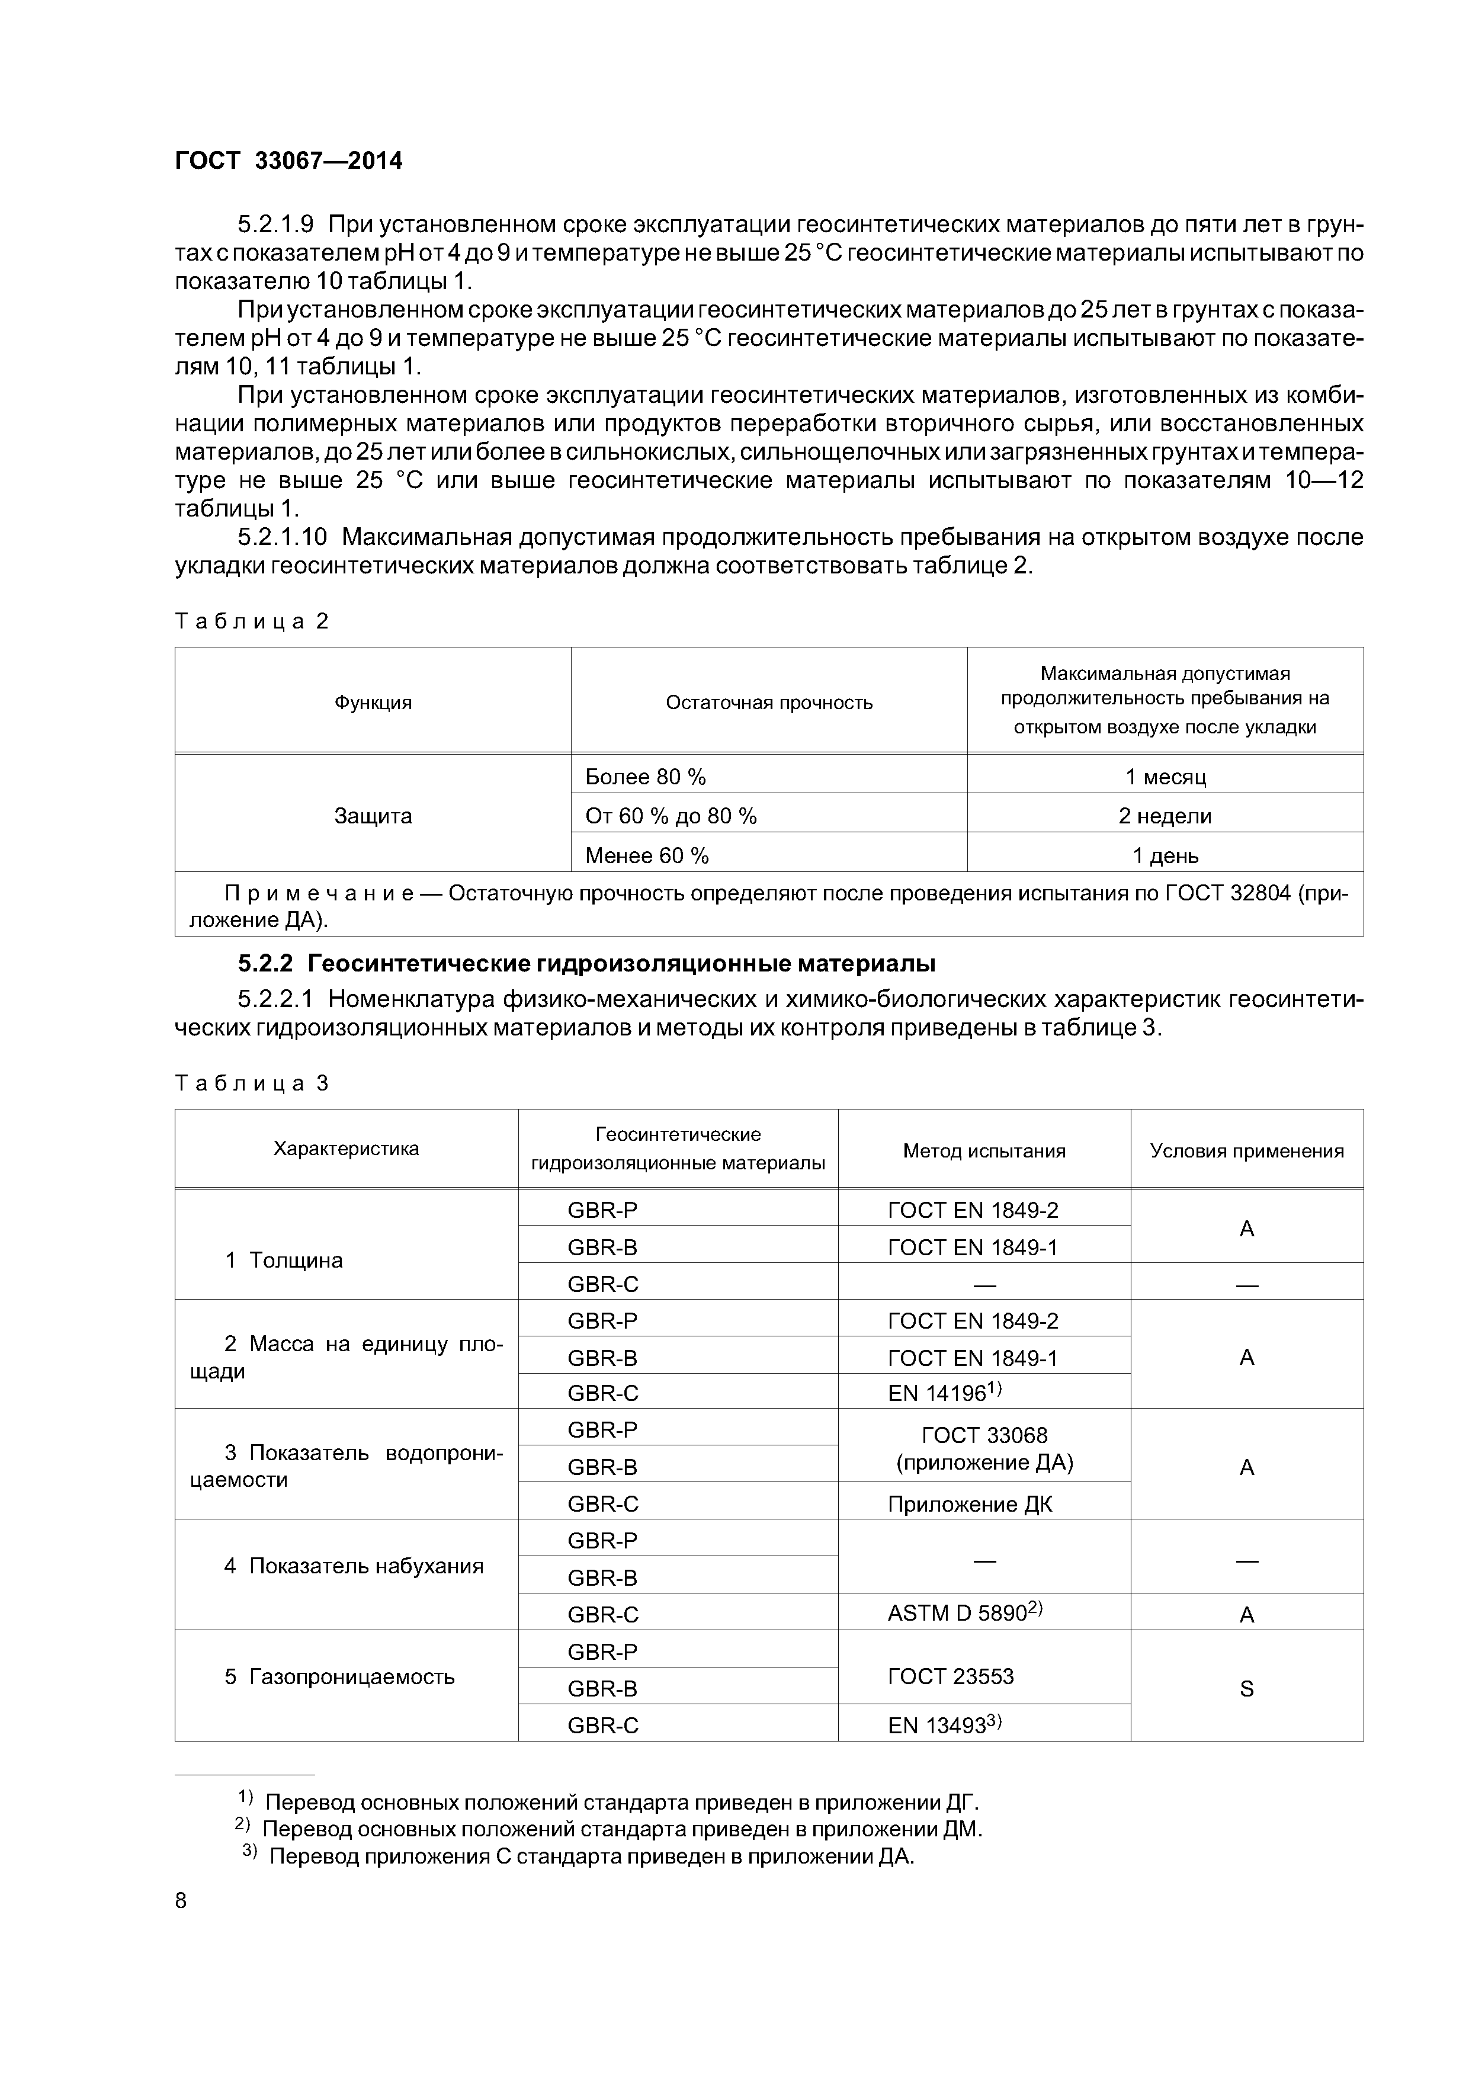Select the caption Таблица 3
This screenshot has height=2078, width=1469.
(x=252, y=1083)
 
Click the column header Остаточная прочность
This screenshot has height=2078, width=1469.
(x=768, y=703)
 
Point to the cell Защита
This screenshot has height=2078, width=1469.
(x=373, y=816)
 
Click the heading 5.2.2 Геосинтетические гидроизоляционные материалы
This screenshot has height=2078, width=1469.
(x=586, y=964)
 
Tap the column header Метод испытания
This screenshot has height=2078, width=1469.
(x=984, y=1150)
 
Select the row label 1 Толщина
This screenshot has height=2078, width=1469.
(x=283, y=1260)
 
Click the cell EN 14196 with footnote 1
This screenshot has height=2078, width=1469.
(x=943, y=1393)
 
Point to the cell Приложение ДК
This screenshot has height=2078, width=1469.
(x=970, y=1504)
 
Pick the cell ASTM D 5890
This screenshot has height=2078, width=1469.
(x=965, y=1613)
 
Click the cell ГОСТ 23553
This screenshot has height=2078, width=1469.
(x=950, y=1676)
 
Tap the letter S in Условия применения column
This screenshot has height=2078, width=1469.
(x=1246, y=1689)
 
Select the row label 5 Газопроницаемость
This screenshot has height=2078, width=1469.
(x=339, y=1677)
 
